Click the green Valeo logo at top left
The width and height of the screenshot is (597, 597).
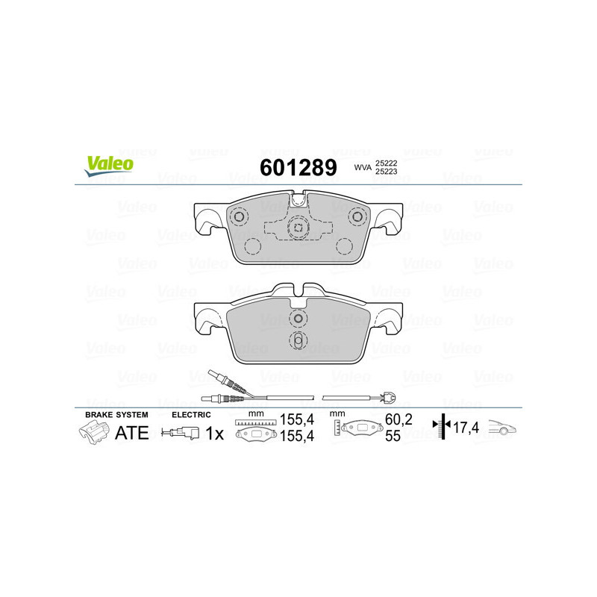coord(110,166)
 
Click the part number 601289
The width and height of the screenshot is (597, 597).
coord(297,167)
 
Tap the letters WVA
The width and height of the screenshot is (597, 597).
coord(363,167)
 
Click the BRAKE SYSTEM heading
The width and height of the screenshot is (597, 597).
coord(116,413)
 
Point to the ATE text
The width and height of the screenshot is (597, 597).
coord(131,433)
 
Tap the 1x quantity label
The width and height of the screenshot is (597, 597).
coord(215,433)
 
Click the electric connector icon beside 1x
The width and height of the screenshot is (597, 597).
coord(181,433)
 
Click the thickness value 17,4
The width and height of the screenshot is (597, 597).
coord(466,429)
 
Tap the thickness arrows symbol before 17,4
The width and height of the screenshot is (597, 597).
coord(445,427)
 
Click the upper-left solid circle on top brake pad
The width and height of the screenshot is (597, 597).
coord(240,217)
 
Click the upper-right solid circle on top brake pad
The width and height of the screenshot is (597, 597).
coord(357,217)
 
